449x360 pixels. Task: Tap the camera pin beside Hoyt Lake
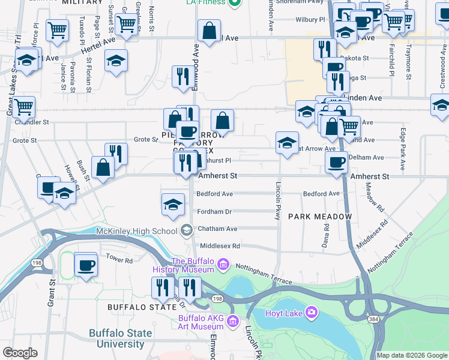coord(312,312)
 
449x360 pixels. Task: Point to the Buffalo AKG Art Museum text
coord(200,322)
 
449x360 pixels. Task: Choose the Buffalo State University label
coord(116,339)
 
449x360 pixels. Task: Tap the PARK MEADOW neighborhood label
coord(319,216)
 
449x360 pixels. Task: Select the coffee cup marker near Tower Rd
coord(86,265)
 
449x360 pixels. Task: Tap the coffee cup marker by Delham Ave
coord(336,161)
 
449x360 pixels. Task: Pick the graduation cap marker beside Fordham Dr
coord(173,205)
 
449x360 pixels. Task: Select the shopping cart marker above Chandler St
coord(23,107)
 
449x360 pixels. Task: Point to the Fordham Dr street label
coord(215,212)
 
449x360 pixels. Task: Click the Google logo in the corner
coord(20,353)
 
